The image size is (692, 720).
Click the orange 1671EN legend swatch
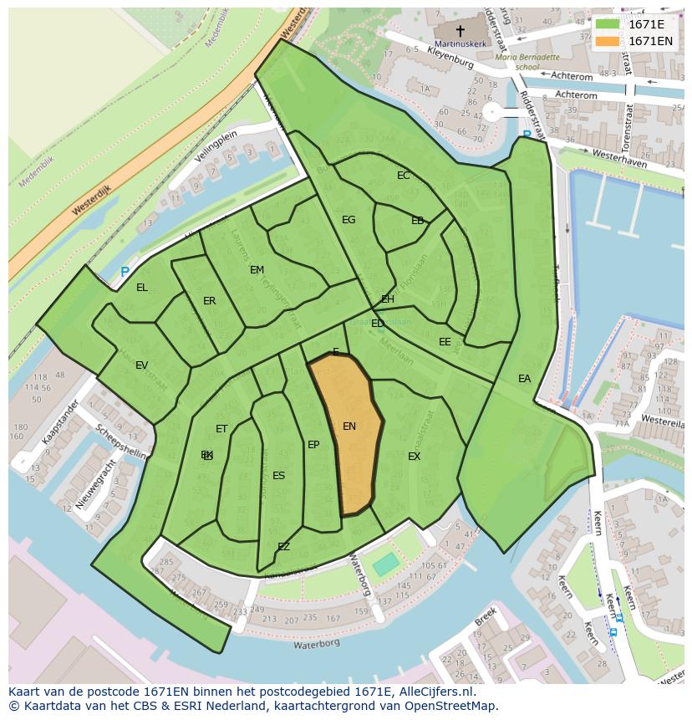[x=608, y=41]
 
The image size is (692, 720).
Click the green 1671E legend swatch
[x=608, y=24]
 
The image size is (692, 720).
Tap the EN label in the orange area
[x=349, y=426]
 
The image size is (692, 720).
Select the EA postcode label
[x=524, y=379]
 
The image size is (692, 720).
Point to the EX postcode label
[x=414, y=457]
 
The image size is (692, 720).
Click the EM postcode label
[x=257, y=270]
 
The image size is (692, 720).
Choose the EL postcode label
[x=142, y=288]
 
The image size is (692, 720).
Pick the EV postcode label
[x=141, y=365]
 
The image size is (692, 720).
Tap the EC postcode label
[x=404, y=176]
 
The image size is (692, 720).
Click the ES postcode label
[x=278, y=476]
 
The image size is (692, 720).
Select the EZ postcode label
[x=283, y=547]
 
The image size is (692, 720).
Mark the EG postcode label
[x=349, y=220]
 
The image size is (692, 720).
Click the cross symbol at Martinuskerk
[x=460, y=30]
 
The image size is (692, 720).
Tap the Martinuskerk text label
[x=460, y=43]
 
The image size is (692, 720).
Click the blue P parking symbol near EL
[x=125, y=273]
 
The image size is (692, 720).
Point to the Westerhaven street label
[x=618, y=159]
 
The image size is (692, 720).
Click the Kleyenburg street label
[x=450, y=58]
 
